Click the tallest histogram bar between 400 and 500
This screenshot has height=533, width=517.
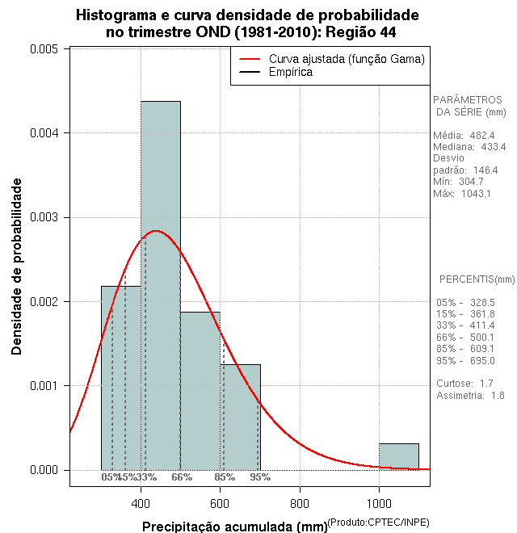tap(161, 283)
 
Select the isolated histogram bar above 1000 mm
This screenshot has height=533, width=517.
tap(399, 456)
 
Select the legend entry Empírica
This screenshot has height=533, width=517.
tap(290, 73)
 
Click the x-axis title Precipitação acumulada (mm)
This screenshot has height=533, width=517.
tap(234, 527)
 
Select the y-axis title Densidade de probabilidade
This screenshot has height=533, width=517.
tap(17, 266)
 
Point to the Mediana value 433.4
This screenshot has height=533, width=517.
tap(491, 148)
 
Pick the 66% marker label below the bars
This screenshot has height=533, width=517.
tap(181, 477)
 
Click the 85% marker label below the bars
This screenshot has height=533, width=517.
tap(225, 477)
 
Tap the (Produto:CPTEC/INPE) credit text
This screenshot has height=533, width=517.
tap(378, 523)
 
